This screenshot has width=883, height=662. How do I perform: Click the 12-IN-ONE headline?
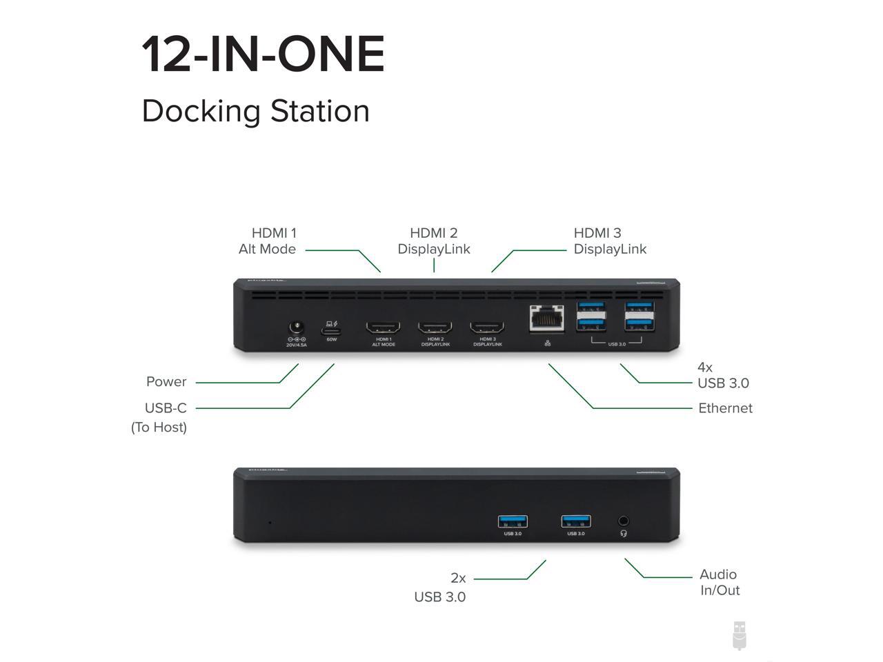coord(263,54)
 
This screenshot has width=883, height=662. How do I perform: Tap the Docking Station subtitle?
coord(255,111)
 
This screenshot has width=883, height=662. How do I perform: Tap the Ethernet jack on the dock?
coord(547,319)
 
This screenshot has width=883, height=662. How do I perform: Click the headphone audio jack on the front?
coord(624,521)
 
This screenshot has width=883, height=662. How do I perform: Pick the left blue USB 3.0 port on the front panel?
coord(513,521)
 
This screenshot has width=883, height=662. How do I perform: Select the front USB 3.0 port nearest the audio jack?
coord(576,521)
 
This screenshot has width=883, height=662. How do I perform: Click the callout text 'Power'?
coord(166,382)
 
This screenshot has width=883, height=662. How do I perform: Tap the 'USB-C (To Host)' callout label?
coord(160,417)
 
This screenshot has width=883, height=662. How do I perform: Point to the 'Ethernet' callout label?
coord(725,408)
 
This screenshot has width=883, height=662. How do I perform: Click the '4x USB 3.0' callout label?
coord(722,375)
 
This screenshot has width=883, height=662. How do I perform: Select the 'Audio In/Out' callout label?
coord(719,582)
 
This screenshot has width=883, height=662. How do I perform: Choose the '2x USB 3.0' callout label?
coord(441,588)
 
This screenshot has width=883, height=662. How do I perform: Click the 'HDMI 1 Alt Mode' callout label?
coord(268,241)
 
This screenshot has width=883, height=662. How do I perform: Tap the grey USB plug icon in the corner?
coord(739,635)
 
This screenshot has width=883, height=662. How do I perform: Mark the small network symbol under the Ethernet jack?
coord(547,343)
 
